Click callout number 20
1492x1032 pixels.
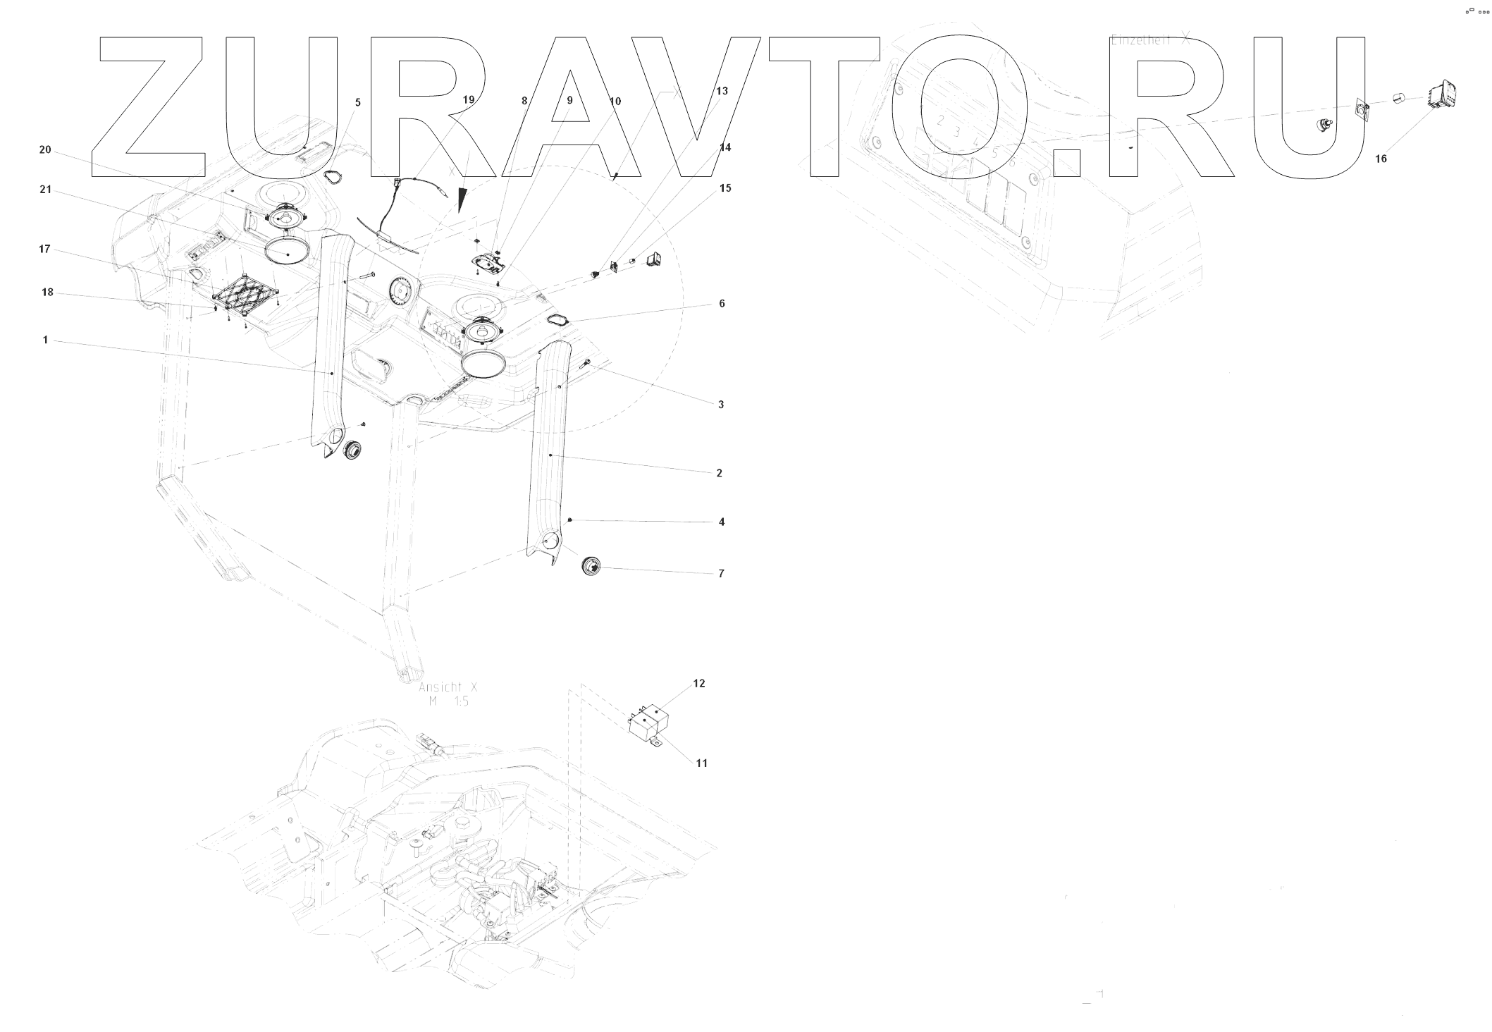click(x=45, y=149)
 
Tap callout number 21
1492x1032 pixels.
click(x=45, y=190)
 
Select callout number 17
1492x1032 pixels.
click(x=44, y=249)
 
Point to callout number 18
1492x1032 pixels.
click(x=47, y=292)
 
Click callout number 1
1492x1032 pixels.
click(x=46, y=340)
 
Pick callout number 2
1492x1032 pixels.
click(x=719, y=473)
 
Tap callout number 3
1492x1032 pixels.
click(x=721, y=405)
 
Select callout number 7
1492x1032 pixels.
click(x=721, y=574)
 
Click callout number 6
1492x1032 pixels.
click(x=722, y=304)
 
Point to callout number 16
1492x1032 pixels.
click(x=1381, y=159)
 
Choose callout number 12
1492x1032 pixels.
click(x=698, y=683)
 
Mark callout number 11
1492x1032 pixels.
click(x=701, y=763)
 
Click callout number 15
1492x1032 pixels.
click(x=725, y=188)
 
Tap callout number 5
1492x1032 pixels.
click(x=358, y=103)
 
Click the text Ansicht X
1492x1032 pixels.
click(x=448, y=687)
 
